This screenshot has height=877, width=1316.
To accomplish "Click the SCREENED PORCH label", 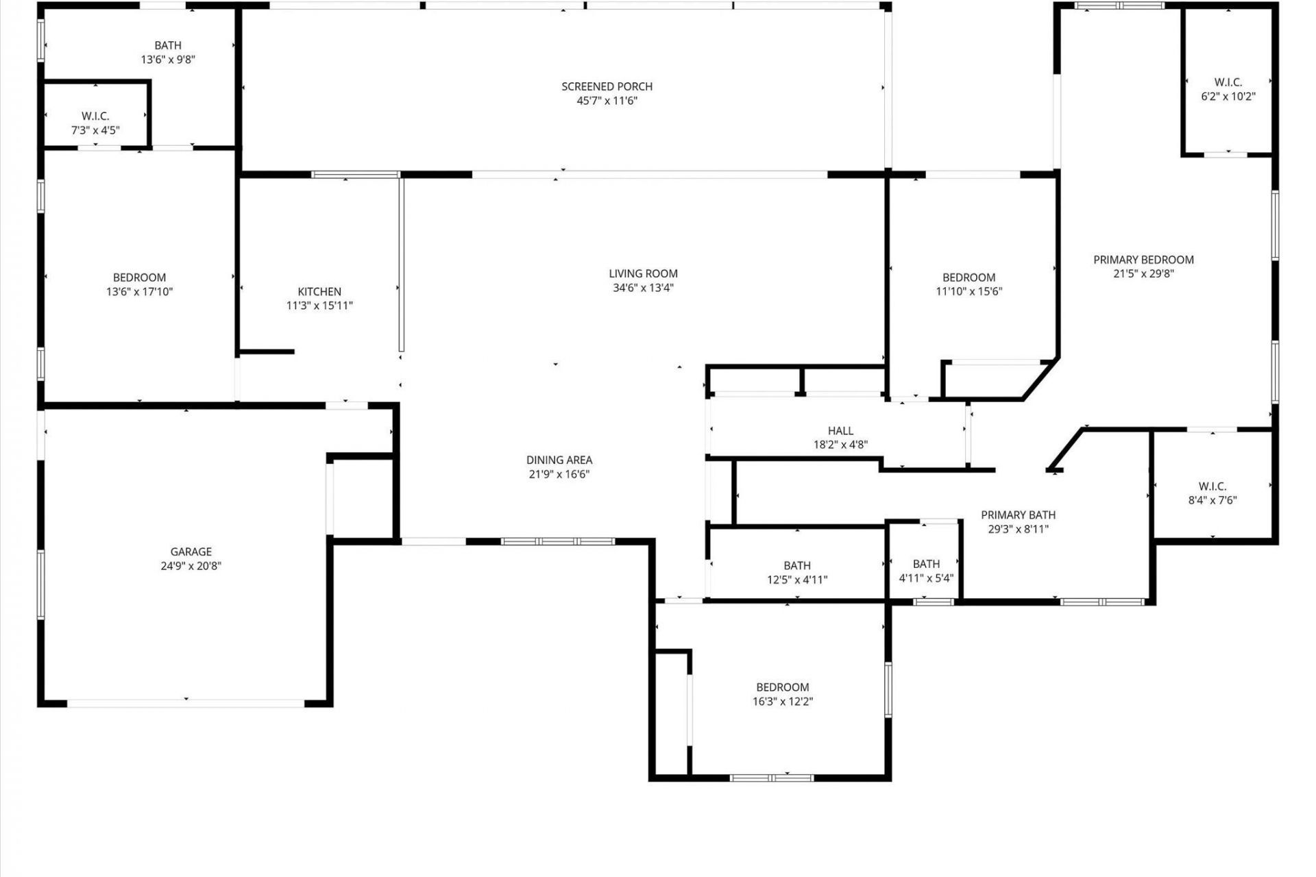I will [x=607, y=86].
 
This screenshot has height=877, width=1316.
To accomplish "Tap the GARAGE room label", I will [x=191, y=552].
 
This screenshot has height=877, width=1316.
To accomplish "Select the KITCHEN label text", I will [x=319, y=291].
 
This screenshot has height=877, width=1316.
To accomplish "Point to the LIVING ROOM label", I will [x=643, y=273].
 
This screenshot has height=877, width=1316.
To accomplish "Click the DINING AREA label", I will [x=559, y=460].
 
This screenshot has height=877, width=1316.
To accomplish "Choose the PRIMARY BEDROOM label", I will [x=1143, y=260].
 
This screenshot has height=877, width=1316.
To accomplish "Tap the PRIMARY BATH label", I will [x=1018, y=515].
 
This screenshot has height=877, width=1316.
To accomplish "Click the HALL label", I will [x=840, y=430].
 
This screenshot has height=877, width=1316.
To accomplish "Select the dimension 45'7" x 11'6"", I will [x=607, y=101].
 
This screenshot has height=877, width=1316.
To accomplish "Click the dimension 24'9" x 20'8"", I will [x=191, y=566].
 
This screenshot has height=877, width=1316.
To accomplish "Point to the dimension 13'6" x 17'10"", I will [x=139, y=292].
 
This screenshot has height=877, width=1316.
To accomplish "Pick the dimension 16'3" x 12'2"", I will [x=783, y=702].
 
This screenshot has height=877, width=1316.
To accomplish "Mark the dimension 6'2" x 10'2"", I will [x=1228, y=97].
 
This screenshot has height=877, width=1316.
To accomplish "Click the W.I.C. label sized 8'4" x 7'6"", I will [x=1213, y=486].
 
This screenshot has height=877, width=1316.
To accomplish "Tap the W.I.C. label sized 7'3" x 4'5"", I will [x=95, y=116].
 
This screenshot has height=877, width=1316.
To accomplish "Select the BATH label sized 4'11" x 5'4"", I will [x=926, y=564].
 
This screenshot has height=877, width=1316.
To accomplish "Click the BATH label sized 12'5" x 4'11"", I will [x=797, y=565].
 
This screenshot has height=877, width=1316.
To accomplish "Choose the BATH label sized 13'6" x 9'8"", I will [x=168, y=45].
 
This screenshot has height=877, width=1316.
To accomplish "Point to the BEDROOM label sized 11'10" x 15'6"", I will [x=968, y=277].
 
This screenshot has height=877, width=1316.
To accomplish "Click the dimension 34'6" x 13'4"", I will [x=643, y=288].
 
